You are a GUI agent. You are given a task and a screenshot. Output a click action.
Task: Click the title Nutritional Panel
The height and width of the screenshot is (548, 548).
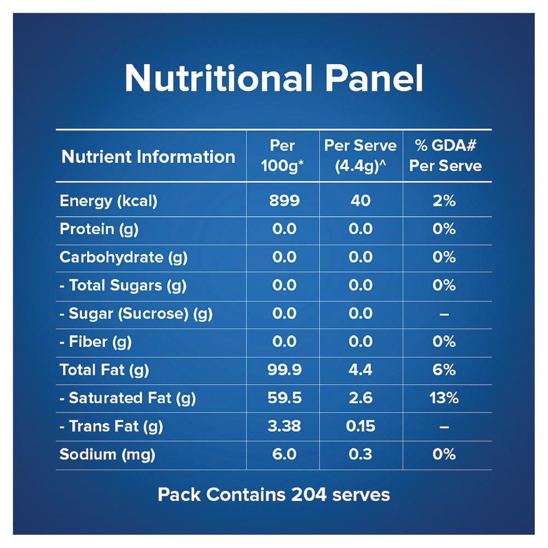tap(273, 78)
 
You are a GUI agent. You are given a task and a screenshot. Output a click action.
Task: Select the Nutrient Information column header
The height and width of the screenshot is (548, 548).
tap(148, 157)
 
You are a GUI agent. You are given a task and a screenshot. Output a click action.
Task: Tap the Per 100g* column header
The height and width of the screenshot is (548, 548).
tap(282, 156)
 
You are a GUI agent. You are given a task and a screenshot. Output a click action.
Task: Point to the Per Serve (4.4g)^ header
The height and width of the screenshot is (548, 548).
tap(361, 156)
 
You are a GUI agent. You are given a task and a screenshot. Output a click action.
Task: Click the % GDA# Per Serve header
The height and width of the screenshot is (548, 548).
tap(445, 156)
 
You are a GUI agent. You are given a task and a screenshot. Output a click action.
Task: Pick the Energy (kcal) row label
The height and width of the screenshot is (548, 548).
tap(109, 201)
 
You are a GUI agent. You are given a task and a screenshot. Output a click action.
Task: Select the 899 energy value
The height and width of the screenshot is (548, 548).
tap(284, 201)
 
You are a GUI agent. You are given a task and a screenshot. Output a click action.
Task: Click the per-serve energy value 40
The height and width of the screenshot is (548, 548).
tap(361, 201)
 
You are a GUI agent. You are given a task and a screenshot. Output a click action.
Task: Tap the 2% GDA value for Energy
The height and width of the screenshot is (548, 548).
tap(444, 201)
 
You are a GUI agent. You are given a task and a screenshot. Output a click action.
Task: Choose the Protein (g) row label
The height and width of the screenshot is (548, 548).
tap(99, 229)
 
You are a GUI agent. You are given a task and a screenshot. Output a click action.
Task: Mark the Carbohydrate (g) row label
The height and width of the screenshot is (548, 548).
tap(123, 258)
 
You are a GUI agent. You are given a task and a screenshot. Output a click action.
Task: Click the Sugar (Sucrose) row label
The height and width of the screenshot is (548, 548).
tap(136, 314)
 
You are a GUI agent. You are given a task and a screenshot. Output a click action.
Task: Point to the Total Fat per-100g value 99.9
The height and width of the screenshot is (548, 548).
tap(284, 370)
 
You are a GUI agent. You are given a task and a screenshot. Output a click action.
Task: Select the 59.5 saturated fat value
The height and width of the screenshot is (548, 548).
tap(284, 398)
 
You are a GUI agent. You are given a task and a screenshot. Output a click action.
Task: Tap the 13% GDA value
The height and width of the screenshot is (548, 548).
tap(444, 398)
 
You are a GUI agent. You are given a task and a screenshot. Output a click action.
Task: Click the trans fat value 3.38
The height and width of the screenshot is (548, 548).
tap(284, 426)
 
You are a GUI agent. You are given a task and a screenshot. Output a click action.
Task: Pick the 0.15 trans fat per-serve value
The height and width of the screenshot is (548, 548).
tap(361, 426)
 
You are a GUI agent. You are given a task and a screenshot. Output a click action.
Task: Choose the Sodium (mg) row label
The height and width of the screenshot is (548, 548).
tap(107, 455)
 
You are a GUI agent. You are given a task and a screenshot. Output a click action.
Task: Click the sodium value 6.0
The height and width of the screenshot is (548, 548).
tap(284, 454)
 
